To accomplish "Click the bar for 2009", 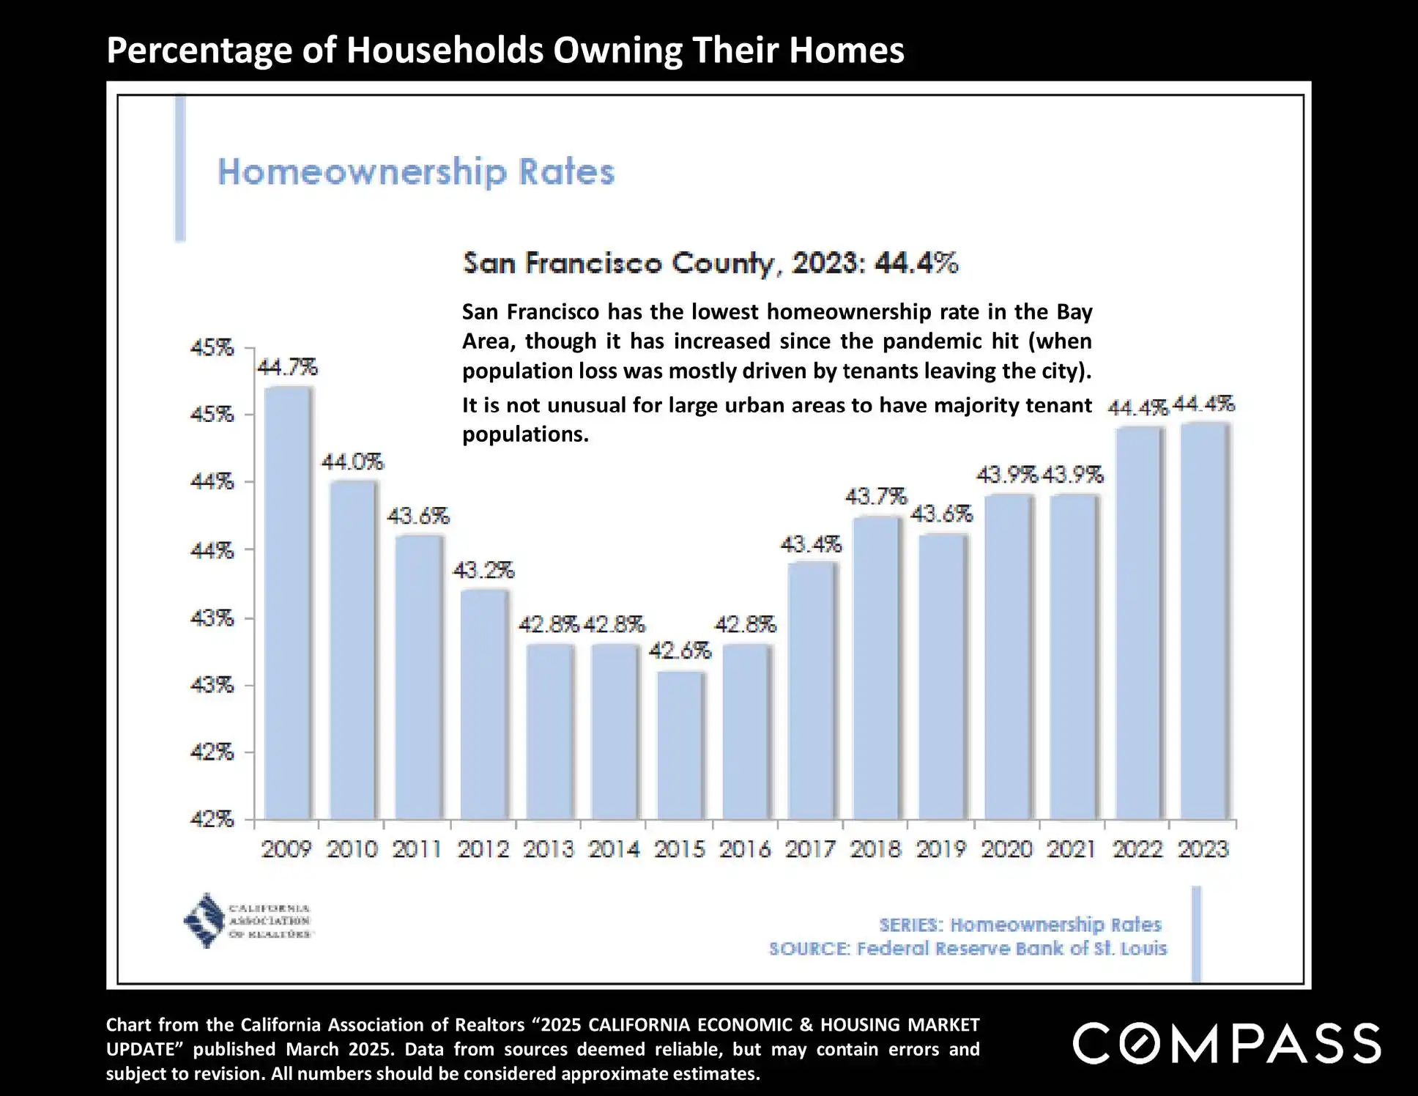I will click(288, 602).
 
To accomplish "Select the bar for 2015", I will click(680, 745).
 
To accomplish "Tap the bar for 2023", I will click(1204, 621).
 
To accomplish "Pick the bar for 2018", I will click(877, 667).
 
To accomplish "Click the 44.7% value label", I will click(287, 366).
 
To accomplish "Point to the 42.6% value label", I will click(680, 650).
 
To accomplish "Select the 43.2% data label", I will click(483, 570).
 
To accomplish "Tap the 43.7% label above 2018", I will click(876, 497).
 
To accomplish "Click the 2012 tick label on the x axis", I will click(483, 849).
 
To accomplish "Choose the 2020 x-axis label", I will click(1007, 849).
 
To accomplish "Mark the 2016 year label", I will click(745, 849).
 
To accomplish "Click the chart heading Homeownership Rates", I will click(416, 171).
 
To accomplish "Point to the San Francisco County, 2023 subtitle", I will click(710, 262).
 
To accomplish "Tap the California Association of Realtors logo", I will click(248, 921).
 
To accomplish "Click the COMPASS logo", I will click(1227, 1043).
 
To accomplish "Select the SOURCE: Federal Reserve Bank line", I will click(968, 949).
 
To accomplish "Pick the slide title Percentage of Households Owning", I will click(505, 50).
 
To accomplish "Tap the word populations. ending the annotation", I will click(525, 434).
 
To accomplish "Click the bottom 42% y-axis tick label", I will click(212, 818).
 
